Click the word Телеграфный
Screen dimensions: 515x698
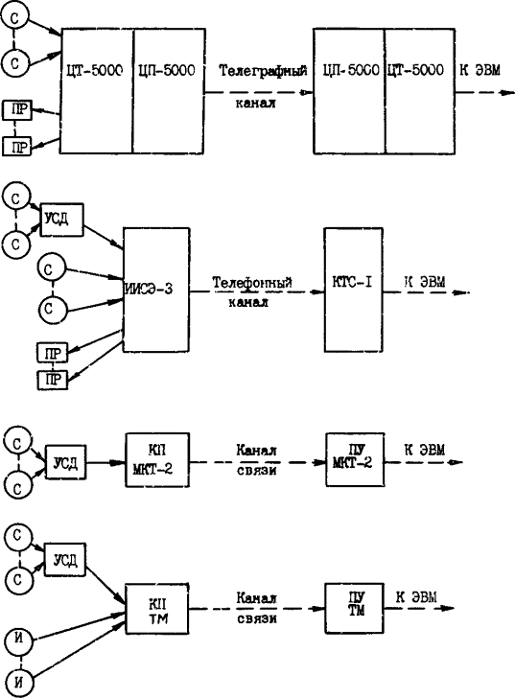pos(263,71)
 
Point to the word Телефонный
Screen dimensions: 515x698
pos(252,283)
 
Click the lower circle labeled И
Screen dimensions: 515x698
pos(18,682)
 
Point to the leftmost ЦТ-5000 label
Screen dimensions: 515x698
pos(94,70)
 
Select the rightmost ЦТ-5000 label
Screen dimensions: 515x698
pos(415,70)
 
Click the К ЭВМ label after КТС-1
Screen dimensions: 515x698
pos(425,281)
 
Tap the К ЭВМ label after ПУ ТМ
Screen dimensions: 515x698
pos(417,597)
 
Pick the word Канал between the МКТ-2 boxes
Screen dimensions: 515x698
pos(256,450)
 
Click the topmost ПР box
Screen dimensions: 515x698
pos(17,110)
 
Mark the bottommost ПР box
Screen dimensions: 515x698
pos(53,380)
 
